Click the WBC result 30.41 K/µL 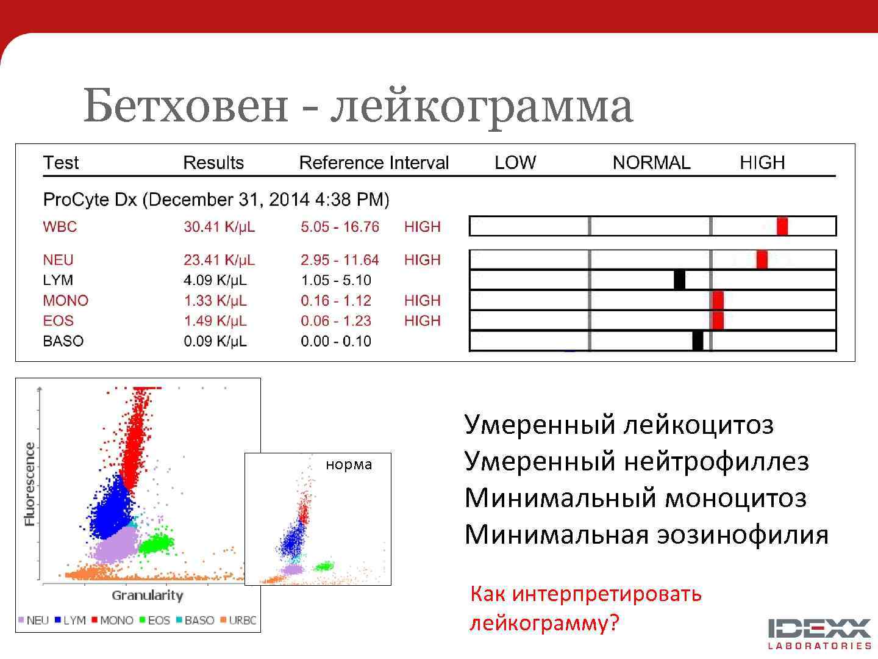[219, 227]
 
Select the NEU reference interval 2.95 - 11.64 [340, 260]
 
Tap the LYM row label [58, 280]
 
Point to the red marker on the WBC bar [782, 226]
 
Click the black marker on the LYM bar [679, 280]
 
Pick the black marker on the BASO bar [698, 340]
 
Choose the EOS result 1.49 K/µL [215, 321]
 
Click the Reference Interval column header [374, 163]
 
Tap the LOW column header [515, 163]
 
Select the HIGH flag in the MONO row [422, 301]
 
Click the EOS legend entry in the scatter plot [155, 621]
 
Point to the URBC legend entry [238, 621]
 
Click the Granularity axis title [147, 596]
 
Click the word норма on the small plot [349, 464]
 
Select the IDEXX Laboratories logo [819, 633]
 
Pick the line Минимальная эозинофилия [646, 535]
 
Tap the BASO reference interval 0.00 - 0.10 [336, 341]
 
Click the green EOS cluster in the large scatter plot [156, 542]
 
